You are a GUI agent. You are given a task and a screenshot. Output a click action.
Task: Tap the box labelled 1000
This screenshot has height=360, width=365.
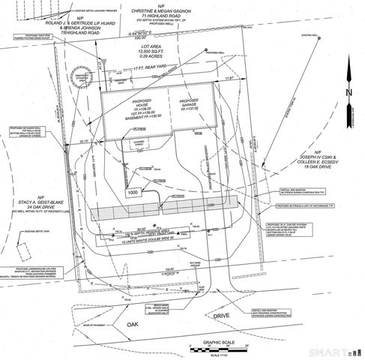click(133, 193)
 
